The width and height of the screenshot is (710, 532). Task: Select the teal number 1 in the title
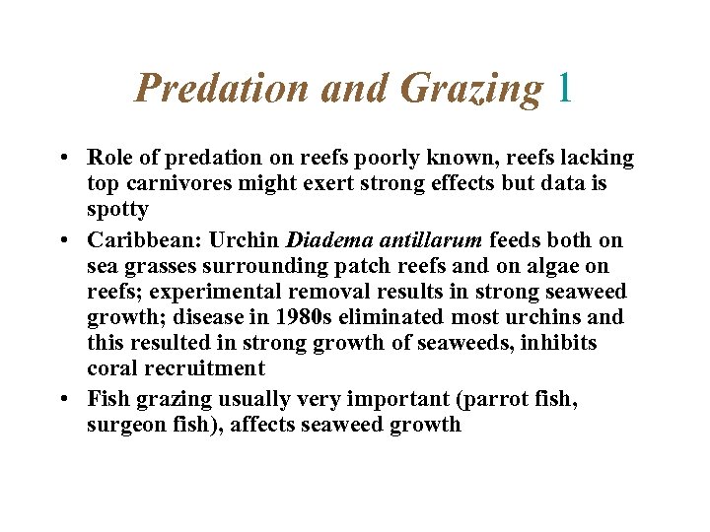tap(564, 89)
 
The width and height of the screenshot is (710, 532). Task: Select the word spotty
tap(117, 209)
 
